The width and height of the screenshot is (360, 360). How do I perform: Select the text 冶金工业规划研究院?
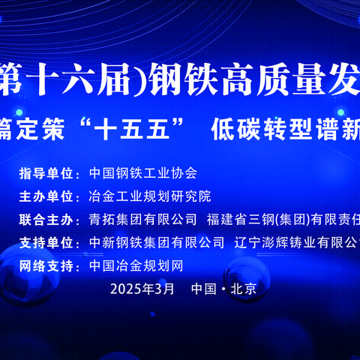(x=150, y=197)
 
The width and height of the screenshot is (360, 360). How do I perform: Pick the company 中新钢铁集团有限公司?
(x=156, y=243)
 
